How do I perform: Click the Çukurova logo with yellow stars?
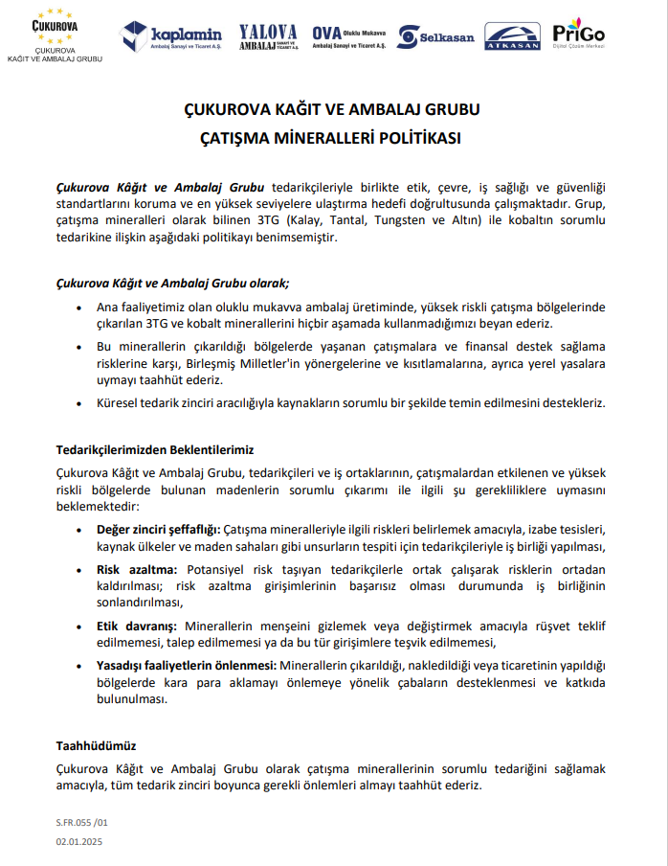pyautogui.click(x=56, y=34)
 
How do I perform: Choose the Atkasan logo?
pyautogui.click(x=512, y=36)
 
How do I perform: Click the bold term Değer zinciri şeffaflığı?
pyautogui.click(x=159, y=529)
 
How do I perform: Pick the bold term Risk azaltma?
pyautogui.click(x=135, y=569)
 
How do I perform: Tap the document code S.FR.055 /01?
pyautogui.click(x=82, y=822)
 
